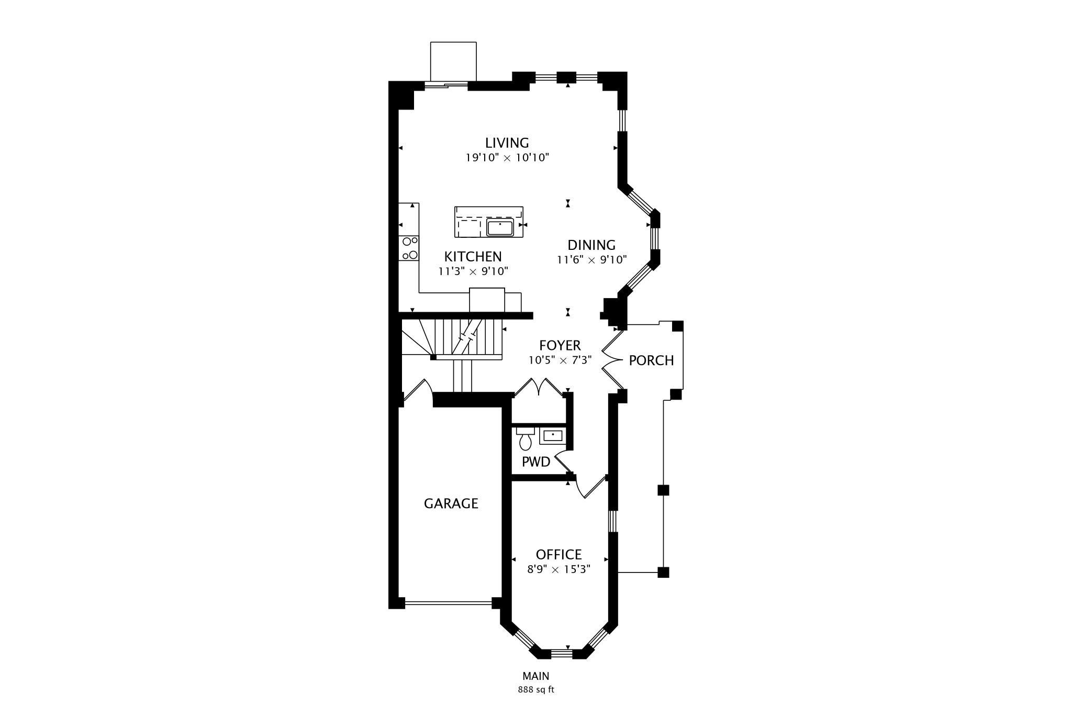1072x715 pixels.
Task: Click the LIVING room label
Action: coord(507,142)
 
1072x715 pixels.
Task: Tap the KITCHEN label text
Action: coord(473,257)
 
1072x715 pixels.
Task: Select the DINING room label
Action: coord(591,245)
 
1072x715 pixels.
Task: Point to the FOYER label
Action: coord(560,346)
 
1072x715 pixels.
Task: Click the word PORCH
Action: coord(651,360)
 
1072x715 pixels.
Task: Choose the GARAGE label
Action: coord(451,503)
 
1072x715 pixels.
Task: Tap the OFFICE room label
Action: coord(559,555)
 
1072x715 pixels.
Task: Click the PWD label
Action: coord(536,462)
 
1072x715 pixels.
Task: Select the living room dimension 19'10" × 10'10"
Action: coord(507,158)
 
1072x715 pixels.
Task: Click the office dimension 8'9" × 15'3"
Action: coord(559,569)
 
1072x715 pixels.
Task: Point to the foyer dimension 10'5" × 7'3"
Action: coord(560,360)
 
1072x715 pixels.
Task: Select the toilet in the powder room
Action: coord(526,438)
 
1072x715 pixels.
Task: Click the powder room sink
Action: coord(552,436)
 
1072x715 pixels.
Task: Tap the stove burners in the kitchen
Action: coord(409,248)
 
